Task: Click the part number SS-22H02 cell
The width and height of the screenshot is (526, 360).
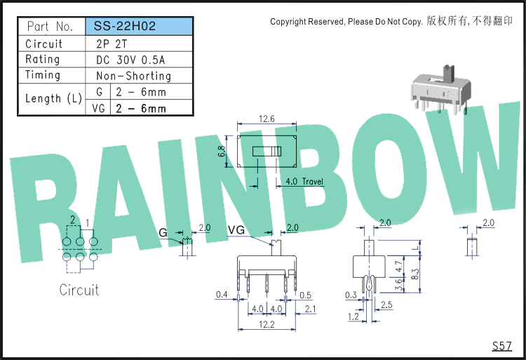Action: pos(140,26)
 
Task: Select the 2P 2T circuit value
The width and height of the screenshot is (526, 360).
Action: pos(112,44)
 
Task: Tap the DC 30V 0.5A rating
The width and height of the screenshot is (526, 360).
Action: pos(130,60)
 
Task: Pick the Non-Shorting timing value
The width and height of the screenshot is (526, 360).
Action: pos(133,76)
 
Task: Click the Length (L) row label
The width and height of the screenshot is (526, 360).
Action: pos(54,99)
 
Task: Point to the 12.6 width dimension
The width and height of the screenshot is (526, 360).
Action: pos(267,119)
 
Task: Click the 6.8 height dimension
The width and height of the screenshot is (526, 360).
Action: pos(222,152)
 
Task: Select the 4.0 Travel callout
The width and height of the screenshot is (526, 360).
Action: pos(304,182)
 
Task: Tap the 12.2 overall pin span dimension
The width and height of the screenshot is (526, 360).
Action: pos(267,324)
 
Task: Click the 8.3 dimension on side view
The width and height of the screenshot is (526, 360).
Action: pos(415,274)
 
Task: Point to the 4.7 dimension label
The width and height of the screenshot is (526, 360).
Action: pos(399,267)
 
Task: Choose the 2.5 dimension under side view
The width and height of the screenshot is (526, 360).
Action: pos(386,305)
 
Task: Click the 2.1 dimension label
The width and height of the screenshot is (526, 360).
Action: pos(311,309)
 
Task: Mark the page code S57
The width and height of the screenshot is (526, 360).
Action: pos(502,346)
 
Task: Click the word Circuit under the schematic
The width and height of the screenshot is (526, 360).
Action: pos(79,291)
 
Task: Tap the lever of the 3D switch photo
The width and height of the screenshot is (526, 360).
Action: pos(448,74)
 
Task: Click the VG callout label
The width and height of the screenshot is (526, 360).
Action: pos(236,230)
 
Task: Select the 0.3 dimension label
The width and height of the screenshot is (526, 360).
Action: pos(351,295)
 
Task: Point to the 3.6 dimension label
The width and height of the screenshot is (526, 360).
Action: pos(399,285)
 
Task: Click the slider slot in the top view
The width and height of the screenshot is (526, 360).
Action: pos(267,152)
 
